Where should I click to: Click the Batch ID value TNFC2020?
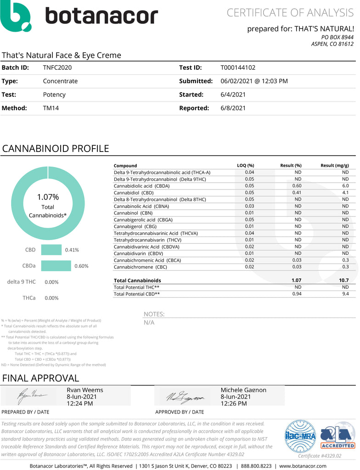pos(57,67)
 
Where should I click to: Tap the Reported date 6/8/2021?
pos(233,108)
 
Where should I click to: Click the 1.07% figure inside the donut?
pos(48,197)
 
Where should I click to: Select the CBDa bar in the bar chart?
pos(56,266)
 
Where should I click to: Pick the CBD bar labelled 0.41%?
pos(51,250)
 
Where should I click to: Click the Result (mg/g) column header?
pos(334,166)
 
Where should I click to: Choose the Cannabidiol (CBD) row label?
pos(133,192)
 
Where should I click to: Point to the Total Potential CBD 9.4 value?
pos(345,294)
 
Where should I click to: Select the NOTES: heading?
pos(154,314)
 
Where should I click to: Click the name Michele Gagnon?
pos(243,390)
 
